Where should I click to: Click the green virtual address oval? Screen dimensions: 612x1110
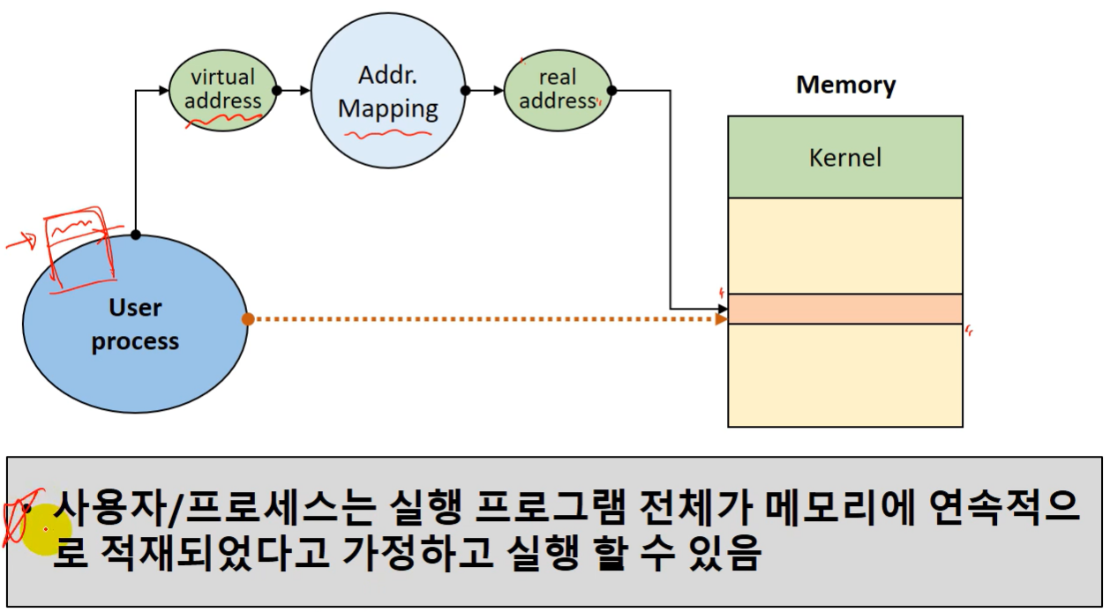coord(222,89)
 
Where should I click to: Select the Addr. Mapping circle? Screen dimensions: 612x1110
coord(388,90)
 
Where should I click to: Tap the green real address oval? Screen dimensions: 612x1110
coord(558,90)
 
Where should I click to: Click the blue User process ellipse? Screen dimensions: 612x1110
coord(135,325)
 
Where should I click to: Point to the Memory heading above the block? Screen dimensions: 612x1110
coord(845,85)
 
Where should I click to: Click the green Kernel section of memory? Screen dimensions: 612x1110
coord(844,158)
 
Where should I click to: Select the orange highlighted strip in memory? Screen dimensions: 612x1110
coord(844,309)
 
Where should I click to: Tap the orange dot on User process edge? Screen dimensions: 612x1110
coord(248,318)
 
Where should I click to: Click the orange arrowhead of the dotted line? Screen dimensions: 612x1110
coord(721,318)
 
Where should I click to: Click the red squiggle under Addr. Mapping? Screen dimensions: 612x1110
coord(387,135)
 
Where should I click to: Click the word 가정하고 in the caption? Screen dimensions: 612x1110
coord(415,556)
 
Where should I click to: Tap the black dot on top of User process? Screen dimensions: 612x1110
coord(136,235)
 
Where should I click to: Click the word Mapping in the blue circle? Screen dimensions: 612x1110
coord(388,108)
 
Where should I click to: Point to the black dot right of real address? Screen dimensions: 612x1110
coord(611,90)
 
